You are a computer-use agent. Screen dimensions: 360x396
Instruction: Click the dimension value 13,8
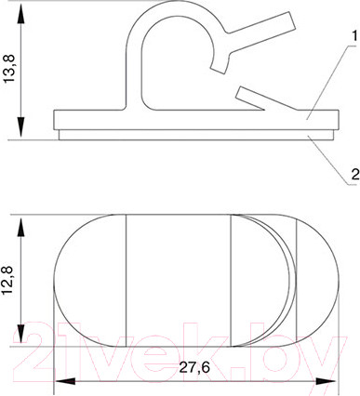click(10, 67)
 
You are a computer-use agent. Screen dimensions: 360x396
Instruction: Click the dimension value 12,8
click(9, 281)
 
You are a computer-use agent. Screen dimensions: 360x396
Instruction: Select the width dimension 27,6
click(194, 367)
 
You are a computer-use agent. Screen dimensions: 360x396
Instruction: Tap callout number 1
click(353, 37)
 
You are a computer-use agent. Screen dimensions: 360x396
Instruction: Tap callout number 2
click(355, 175)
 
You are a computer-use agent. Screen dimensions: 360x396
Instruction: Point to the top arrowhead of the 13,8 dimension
click(20, 14)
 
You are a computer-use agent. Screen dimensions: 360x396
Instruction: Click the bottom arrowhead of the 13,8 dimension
click(20, 126)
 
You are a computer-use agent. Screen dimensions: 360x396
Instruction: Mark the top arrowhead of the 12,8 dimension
click(20, 228)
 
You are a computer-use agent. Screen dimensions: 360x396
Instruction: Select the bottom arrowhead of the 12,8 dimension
click(20, 334)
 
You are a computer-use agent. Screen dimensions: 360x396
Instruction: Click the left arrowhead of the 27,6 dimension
click(65, 381)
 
